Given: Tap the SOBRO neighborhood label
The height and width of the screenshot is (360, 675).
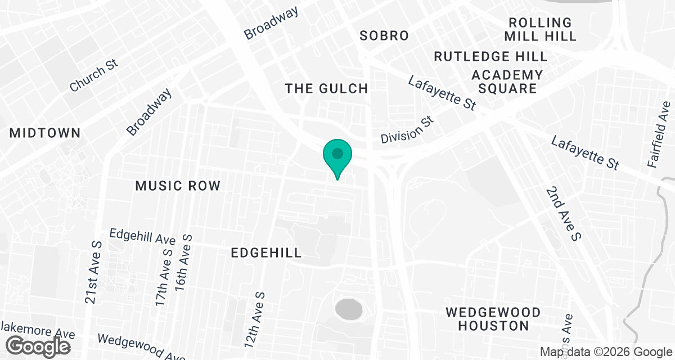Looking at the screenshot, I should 384,36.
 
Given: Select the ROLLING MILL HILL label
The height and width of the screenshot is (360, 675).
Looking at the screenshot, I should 540,29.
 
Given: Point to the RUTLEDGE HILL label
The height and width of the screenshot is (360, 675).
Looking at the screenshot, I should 490,56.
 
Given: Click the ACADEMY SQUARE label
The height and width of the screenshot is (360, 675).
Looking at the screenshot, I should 507,82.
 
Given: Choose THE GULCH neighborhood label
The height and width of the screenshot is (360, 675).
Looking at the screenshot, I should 326,88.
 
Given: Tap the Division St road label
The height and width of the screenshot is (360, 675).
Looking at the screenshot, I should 408,130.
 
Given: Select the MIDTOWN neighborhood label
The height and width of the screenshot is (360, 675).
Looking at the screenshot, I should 45,133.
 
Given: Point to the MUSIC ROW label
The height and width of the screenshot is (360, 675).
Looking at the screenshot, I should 178,186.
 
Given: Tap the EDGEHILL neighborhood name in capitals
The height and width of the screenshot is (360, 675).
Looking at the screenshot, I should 267,253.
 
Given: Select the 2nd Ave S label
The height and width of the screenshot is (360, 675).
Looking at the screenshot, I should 562,214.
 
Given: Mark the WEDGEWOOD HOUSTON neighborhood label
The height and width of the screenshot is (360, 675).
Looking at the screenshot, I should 493,318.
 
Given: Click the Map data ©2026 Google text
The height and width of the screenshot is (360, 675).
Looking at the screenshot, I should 605,352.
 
